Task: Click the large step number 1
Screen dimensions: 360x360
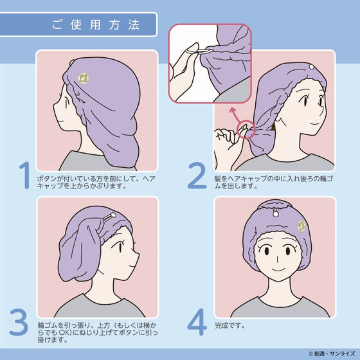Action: pyautogui.click(x=25, y=175)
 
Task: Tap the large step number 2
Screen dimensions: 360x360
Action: pyautogui.click(x=197, y=175)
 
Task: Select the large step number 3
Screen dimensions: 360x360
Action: pyautogui.click(x=19, y=322)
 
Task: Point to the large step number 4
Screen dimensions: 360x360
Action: pyautogui.click(x=197, y=322)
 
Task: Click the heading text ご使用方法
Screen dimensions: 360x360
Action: pyautogui.click(x=96, y=24)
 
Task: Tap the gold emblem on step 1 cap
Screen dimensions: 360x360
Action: pyautogui.click(x=84, y=78)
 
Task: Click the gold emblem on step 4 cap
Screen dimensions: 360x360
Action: pyautogui.click(x=301, y=226)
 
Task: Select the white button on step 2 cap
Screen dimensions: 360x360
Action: pyautogui.click(x=311, y=67)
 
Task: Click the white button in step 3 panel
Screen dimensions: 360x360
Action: pyautogui.click(x=113, y=215)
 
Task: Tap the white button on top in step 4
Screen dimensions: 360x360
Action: pyautogui.click(x=275, y=215)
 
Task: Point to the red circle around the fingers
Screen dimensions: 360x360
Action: pyautogui.click(x=246, y=129)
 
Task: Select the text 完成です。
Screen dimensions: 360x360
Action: pyautogui.click(x=230, y=325)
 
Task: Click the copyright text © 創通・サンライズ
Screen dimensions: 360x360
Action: pyautogui.click(x=332, y=354)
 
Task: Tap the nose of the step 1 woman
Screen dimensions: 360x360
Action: pyautogui.click(x=55, y=107)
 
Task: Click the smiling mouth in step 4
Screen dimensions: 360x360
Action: pyautogui.click(x=278, y=269)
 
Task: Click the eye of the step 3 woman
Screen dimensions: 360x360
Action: pyautogui.click(x=120, y=247)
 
